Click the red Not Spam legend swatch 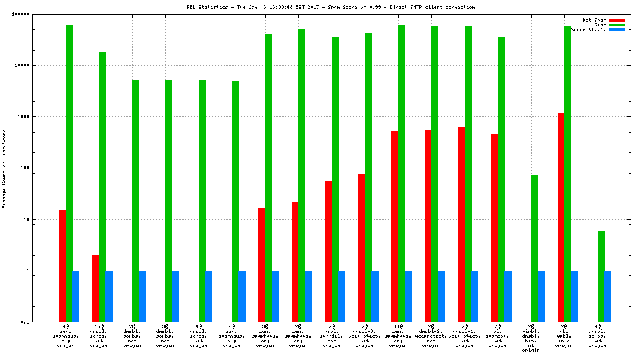(x=617, y=20)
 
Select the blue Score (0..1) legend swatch (x=617, y=29)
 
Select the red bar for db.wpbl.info (x=561, y=217)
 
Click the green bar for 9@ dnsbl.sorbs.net (x=601, y=276)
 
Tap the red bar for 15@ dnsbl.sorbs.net (x=95, y=288)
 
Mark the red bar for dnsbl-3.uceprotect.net (x=361, y=248)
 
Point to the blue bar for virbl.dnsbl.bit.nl (x=541, y=296)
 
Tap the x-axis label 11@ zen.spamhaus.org (x=398, y=335)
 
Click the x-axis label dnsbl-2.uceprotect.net (x=431, y=335)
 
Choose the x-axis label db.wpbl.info (x=564, y=335)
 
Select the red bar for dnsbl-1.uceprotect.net (x=461, y=224)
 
